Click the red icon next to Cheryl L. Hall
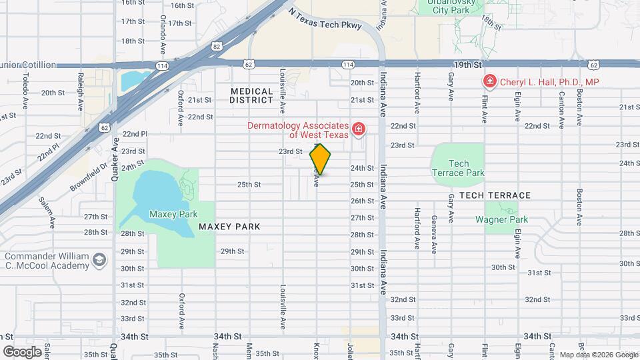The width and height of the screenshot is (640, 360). coord(490,81)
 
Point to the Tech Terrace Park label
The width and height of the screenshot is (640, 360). coord(457,168)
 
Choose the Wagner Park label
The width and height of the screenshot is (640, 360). coord(501,219)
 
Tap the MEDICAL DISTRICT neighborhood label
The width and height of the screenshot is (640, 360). coord(251,95)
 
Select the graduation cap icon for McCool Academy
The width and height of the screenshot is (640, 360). coord(99,259)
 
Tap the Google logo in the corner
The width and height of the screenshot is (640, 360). coord(22,351)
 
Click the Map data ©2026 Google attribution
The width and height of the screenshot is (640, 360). coord(597,355)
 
